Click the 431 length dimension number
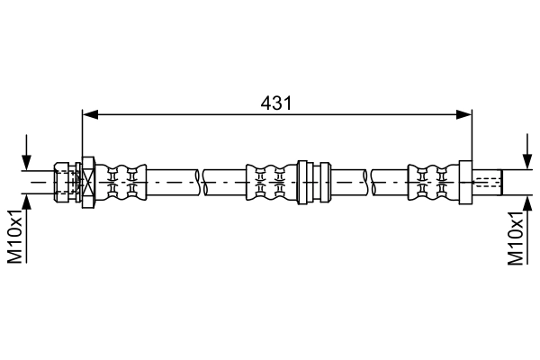click(x=276, y=103)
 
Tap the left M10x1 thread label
click(x=15, y=236)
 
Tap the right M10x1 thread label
click(x=516, y=238)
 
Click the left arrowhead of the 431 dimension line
click(x=90, y=115)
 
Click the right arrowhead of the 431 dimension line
click(x=463, y=115)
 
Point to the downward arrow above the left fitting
click(x=26, y=152)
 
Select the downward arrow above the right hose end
click(x=527, y=151)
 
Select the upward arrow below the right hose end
click(x=527, y=230)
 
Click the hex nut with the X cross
click(x=88, y=182)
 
